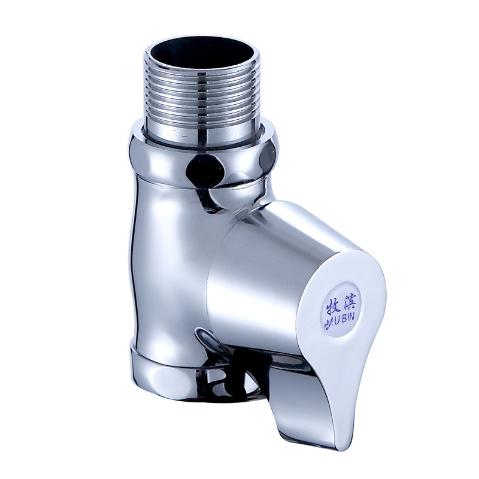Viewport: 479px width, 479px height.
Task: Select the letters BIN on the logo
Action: (x=348, y=317)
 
